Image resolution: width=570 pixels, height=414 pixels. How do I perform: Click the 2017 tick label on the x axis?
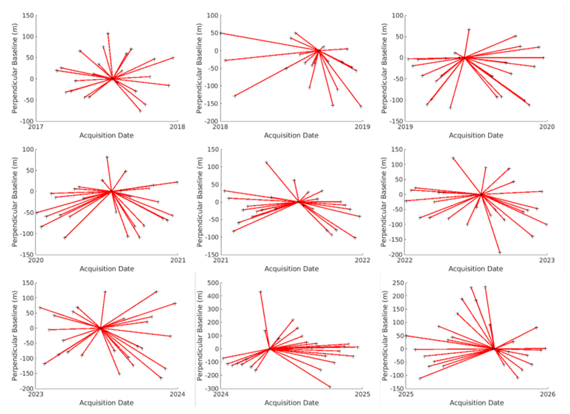pyautogui.click(x=35, y=127)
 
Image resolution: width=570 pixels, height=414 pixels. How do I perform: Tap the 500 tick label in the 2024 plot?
pyautogui.click(x=213, y=283)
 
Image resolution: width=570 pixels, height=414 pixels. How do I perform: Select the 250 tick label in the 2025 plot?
pyautogui.click(x=398, y=283)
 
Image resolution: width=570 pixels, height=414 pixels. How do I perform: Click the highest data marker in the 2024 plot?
pyautogui.click(x=261, y=292)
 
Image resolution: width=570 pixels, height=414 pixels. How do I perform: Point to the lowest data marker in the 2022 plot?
pyautogui.click(x=500, y=252)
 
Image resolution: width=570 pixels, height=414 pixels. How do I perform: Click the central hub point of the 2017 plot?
pyautogui.click(x=112, y=79)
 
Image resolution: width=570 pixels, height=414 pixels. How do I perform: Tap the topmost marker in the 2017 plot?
pyautogui.click(x=108, y=33)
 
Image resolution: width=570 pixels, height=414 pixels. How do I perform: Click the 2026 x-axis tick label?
pyautogui.click(x=548, y=394)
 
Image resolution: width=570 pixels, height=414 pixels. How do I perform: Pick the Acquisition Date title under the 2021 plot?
pyautogui.click(x=292, y=269)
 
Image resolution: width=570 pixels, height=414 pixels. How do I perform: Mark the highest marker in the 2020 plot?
pyautogui.click(x=107, y=157)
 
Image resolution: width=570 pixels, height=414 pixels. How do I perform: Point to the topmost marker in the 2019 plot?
pyautogui.click(x=469, y=30)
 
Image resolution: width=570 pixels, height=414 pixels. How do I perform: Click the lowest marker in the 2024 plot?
pyautogui.click(x=330, y=387)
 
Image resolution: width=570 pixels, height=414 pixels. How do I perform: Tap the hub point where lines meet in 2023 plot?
pyautogui.click(x=100, y=328)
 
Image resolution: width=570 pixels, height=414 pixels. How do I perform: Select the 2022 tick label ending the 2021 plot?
pyautogui.click(x=362, y=260)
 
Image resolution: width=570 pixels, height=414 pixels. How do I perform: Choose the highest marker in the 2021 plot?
pyautogui.click(x=266, y=163)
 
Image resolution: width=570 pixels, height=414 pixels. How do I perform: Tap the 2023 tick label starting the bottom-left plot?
pyautogui.click(x=35, y=394)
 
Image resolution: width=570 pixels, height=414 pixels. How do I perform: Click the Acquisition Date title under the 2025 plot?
pyautogui.click(x=477, y=403)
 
